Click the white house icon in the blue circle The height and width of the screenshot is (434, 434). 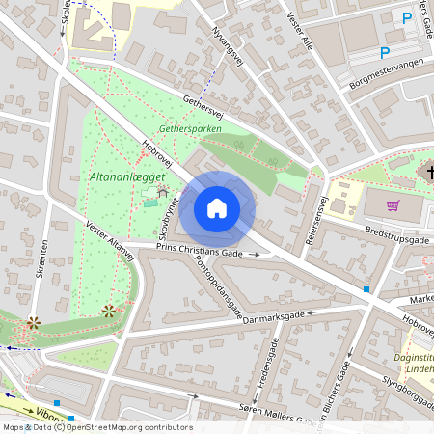[217, 207]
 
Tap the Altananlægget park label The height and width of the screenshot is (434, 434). [127, 176]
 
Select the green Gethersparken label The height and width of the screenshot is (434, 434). [191, 126]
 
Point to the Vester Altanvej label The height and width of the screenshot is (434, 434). [109, 239]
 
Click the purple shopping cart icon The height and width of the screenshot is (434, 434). [393, 204]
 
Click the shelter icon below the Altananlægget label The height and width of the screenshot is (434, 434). [162, 193]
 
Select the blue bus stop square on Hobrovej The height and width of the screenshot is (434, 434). [366, 288]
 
